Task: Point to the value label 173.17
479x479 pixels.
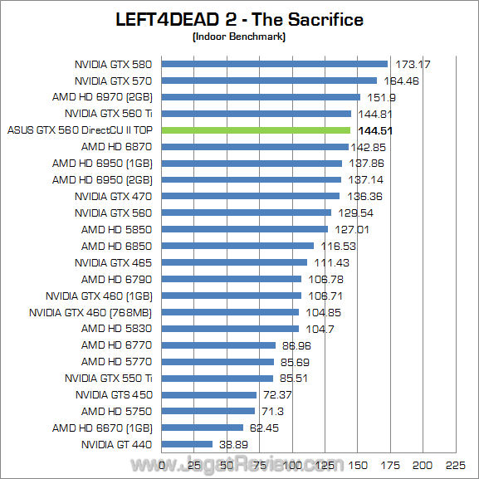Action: [413, 65]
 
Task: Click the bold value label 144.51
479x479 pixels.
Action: [374, 130]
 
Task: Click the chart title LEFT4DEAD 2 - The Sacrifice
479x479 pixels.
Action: [239, 19]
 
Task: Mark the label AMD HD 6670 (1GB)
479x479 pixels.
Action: [104, 428]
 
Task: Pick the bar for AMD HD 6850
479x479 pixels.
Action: [237, 246]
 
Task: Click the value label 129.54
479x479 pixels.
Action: [353, 213]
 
